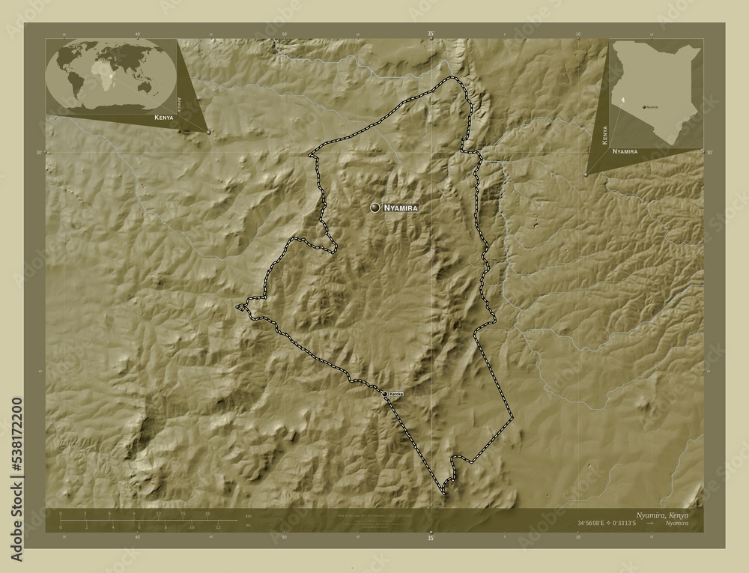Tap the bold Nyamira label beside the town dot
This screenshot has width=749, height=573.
400,207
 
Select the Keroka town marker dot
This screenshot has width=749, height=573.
385,393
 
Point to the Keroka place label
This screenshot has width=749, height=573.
396,393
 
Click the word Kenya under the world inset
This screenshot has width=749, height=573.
163,118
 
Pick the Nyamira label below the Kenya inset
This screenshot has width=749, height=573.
625,151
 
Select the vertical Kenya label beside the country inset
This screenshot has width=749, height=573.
604,136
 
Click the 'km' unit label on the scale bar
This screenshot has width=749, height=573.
246,517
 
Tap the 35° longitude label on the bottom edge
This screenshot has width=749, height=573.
431,537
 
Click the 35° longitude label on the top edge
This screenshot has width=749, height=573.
431,34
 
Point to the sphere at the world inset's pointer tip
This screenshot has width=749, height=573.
208,132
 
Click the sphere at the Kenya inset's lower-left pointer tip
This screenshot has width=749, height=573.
586,175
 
